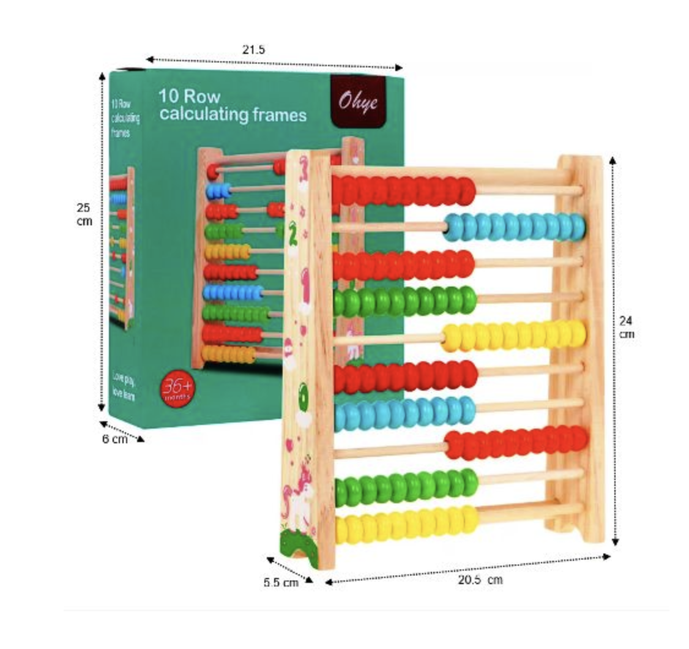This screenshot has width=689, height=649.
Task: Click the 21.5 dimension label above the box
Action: click(253, 50)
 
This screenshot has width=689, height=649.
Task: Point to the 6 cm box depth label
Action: click(114, 439)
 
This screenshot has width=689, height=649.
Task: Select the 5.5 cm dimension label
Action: click(281, 583)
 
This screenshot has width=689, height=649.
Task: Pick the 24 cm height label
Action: click(626, 327)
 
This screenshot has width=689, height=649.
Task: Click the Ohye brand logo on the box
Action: click(359, 101)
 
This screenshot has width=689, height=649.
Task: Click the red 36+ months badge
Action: click(176, 389)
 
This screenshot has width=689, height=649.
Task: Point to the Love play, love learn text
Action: click(124, 384)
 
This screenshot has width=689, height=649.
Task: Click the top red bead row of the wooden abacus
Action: click(403, 190)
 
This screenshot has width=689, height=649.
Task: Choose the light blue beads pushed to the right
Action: click(514, 227)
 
